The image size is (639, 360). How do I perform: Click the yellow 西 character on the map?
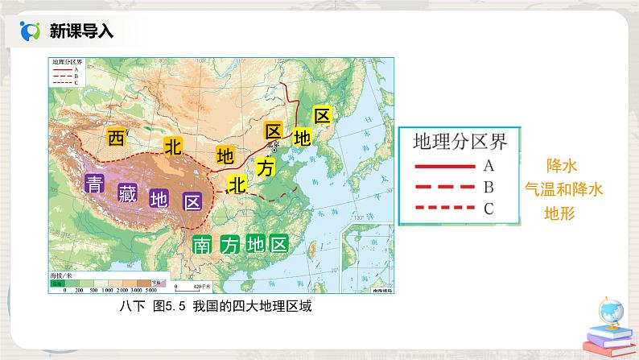pyautogui.click(x=117, y=137)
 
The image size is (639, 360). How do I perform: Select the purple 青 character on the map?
pyautogui.click(x=95, y=181)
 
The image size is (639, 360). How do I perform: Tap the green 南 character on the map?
pyautogui.click(x=201, y=246)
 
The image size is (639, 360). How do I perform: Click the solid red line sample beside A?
pyautogui.click(x=442, y=168)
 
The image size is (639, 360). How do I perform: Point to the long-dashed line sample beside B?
pyautogui.click(x=442, y=188)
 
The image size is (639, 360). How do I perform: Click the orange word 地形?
pyautogui.click(x=563, y=214)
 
